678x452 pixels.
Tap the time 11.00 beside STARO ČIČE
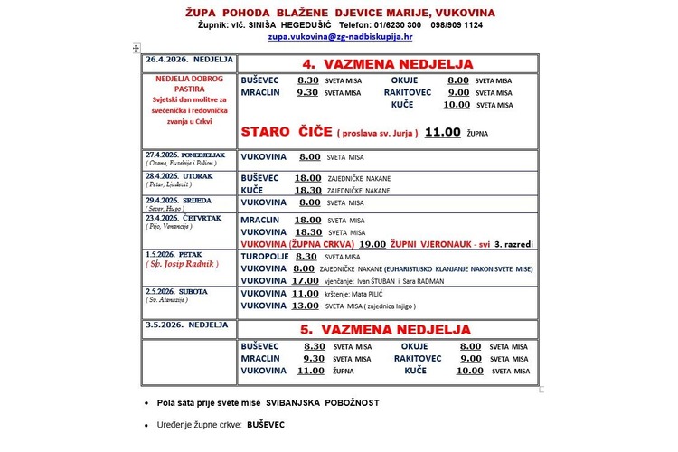coord(443,132)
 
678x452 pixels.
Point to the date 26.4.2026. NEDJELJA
coord(188,60)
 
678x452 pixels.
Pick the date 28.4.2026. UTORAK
coord(179,175)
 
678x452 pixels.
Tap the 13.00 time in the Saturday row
coord(306,306)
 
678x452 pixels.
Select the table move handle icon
coord(136,47)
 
